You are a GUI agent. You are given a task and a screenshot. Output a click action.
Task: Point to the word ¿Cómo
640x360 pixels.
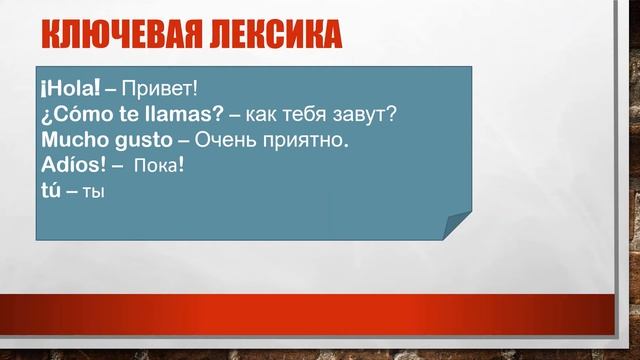(x=76, y=114)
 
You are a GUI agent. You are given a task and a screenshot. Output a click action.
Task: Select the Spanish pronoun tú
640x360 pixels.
(x=51, y=186)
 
